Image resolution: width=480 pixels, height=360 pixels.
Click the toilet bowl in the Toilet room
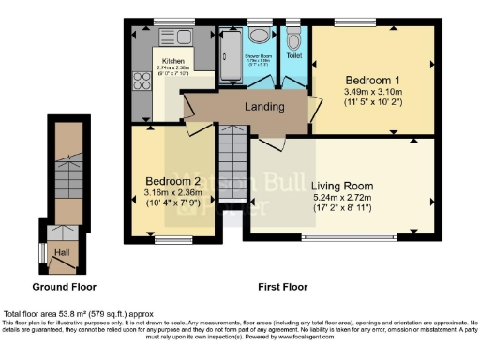pos(294,39)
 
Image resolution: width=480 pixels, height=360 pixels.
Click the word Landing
pos(264,107)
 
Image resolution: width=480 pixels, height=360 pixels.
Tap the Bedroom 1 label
pos(373,79)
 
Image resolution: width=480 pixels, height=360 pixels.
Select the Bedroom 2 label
pos(172,181)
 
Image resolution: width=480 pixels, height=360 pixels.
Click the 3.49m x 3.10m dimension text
pos(373,94)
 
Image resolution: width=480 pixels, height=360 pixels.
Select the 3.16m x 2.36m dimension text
pos(172,195)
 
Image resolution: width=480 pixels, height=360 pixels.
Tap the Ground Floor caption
pos(64,286)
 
